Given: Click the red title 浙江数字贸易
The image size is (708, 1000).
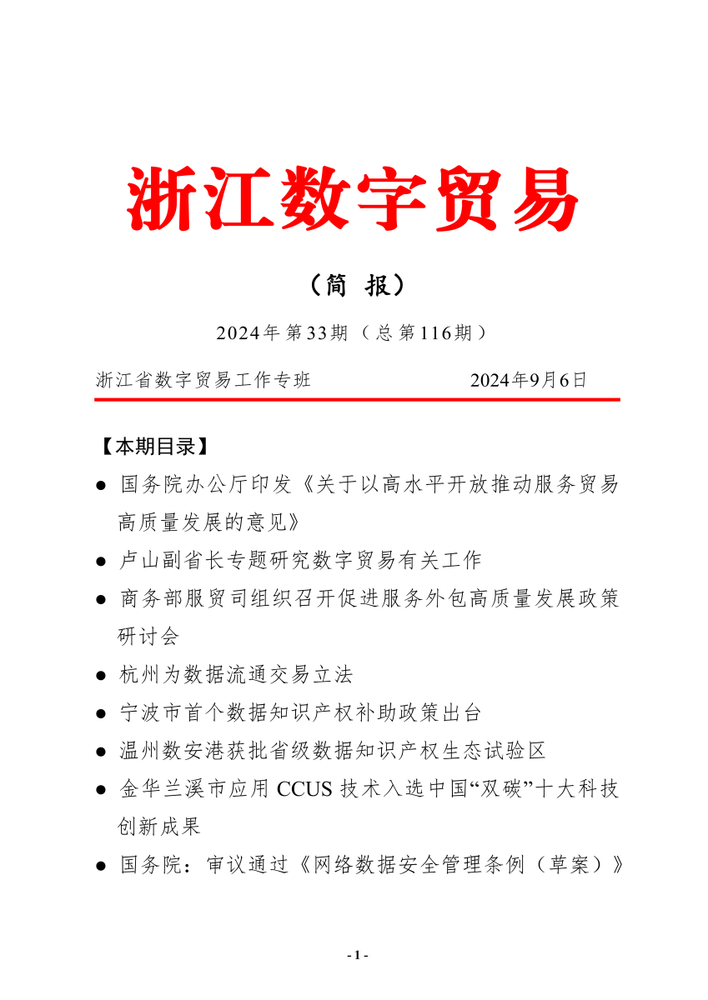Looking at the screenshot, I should tap(354, 197).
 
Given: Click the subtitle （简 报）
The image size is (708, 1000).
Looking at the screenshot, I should tap(356, 286).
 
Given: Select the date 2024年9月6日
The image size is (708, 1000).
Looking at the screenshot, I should tap(529, 381).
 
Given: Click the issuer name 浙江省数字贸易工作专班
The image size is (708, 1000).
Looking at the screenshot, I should tap(203, 381).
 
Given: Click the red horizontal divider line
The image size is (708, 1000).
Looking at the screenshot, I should tap(357, 400).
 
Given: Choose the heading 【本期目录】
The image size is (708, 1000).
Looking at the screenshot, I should tap(149, 447).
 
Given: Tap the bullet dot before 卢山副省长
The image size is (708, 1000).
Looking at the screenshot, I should tap(101, 562).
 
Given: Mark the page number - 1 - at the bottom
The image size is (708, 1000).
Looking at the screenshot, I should tap(356, 955).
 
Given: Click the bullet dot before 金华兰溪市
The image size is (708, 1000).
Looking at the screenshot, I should tap(101, 791).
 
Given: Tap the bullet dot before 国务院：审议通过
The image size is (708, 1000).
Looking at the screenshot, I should tap(101, 867).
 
